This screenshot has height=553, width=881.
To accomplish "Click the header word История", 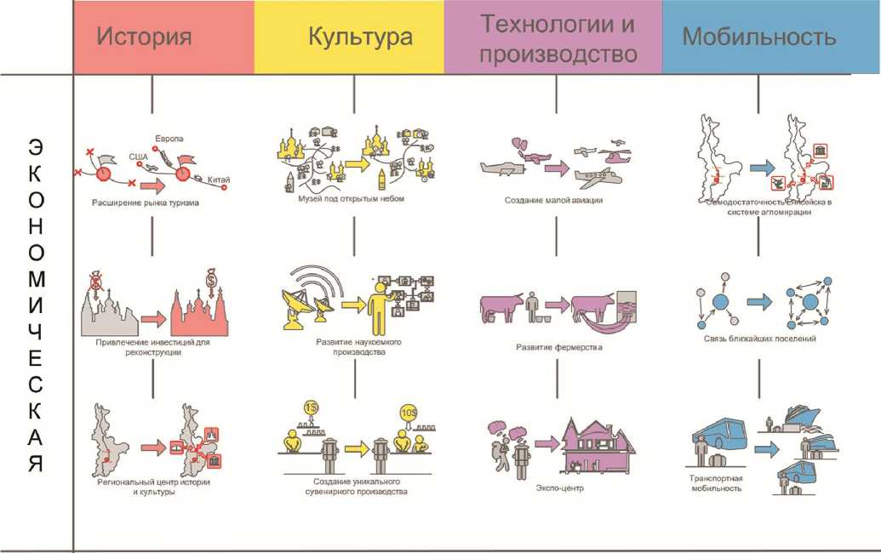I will [x=143, y=37].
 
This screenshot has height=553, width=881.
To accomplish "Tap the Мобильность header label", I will [x=759, y=37].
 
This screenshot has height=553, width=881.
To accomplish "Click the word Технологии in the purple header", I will [x=558, y=24].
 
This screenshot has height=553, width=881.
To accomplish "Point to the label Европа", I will [x=169, y=137].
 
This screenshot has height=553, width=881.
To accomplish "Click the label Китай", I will [x=219, y=180].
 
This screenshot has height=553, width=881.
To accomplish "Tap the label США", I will [x=138, y=157].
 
